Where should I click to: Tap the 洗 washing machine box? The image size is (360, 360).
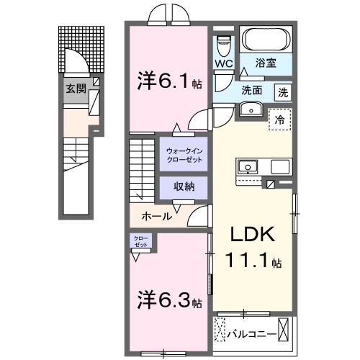pos(284,91)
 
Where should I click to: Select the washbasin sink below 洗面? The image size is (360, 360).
pos(251,109)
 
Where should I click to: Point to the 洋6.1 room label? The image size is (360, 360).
pos(160,81)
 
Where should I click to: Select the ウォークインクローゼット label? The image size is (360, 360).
pos(184,155)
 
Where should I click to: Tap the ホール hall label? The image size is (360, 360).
pos(156,215)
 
